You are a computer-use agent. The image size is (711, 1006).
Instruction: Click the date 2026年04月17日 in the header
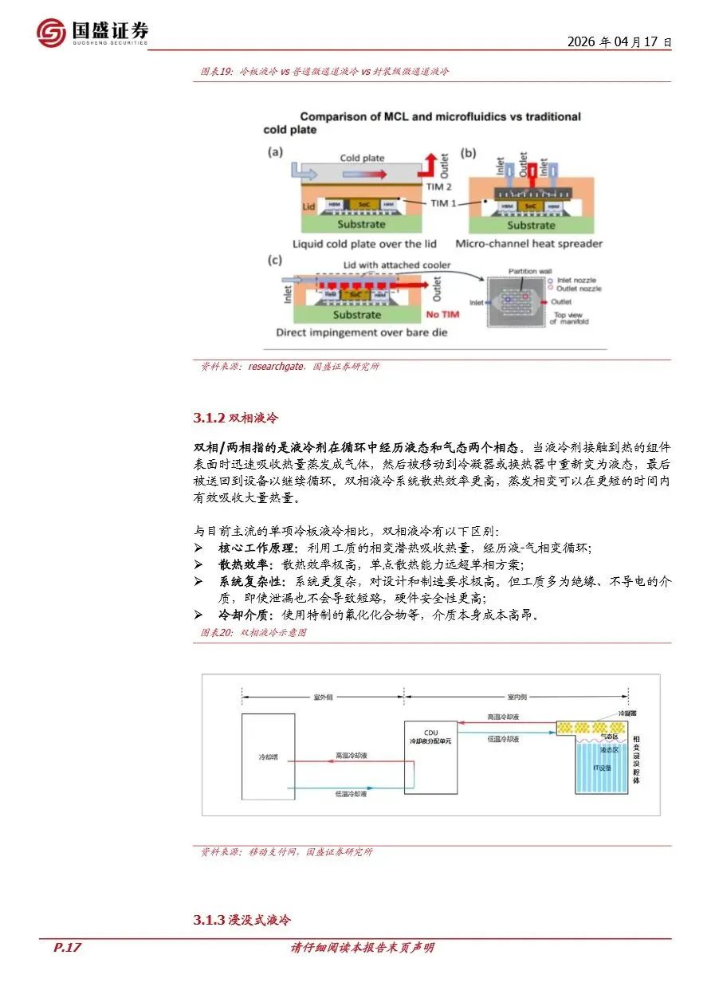(619, 42)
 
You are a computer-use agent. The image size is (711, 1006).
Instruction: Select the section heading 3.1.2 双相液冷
(236, 418)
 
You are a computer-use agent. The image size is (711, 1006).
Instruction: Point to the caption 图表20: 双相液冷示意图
(253, 632)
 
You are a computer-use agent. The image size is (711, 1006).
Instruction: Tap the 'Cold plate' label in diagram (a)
(362, 158)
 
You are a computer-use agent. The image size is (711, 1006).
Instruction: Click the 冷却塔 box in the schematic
(275, 756)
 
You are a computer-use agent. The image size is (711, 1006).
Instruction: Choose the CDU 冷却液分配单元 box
(430, 758)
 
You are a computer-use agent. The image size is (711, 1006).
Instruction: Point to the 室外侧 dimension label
(323, 697)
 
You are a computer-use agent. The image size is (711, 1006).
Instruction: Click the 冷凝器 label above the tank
(627, 715)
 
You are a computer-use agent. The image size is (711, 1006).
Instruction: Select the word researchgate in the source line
(275, 367)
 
